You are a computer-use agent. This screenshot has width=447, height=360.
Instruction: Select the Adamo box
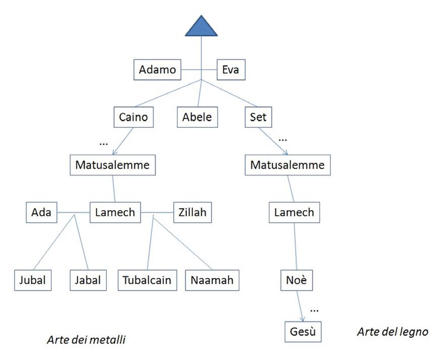[x=157, y=70]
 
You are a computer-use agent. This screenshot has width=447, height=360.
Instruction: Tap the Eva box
[x=231, y=70]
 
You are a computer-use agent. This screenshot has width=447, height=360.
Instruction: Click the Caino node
[x=133, y=118]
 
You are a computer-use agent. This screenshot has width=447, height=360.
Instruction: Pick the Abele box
[x=197, y=118]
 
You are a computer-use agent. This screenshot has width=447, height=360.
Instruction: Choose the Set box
[x=258, y=118]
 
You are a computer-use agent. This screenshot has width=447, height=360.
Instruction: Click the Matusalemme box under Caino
[x=113, y=165]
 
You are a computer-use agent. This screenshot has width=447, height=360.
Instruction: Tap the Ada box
[x=41, y=213]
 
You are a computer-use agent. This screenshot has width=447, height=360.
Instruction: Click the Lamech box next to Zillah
[x=115, y=213]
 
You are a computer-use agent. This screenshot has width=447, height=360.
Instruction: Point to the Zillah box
[x=192, y=213]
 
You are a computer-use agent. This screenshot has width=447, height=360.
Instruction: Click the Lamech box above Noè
[x=294, y=213]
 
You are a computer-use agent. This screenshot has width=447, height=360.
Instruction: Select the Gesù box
[x=303, y=332]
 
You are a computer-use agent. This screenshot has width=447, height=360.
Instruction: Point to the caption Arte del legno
[x=392, y=332]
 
